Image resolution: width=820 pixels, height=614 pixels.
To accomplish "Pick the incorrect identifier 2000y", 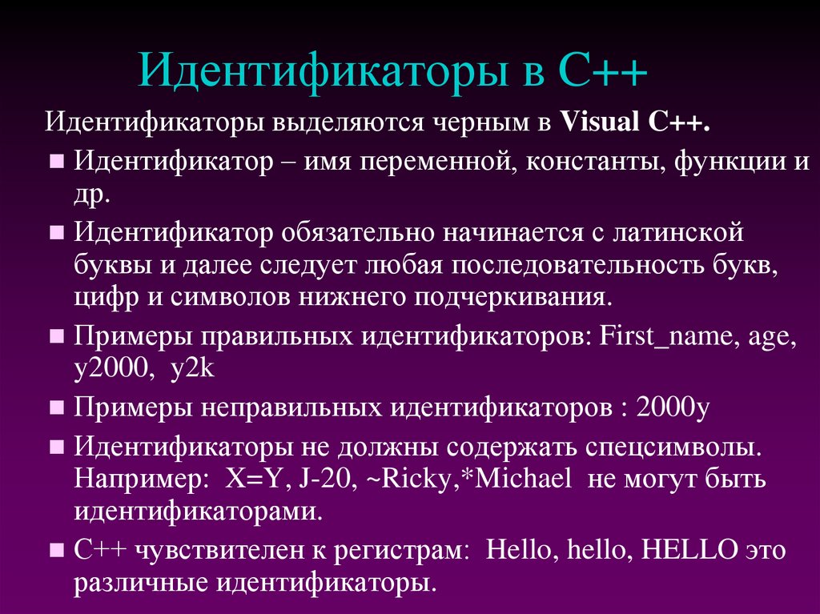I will click(674, 407).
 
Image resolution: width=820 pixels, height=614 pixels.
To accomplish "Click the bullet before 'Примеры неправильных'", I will click(57, 407).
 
